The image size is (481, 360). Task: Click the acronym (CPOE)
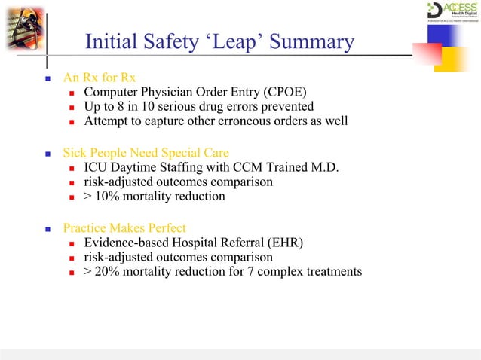288,93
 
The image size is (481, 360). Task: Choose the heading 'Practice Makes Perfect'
125,227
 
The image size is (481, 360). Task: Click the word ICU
97,167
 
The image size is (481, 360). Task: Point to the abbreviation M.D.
323,167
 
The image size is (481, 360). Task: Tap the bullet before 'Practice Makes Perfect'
47,228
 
